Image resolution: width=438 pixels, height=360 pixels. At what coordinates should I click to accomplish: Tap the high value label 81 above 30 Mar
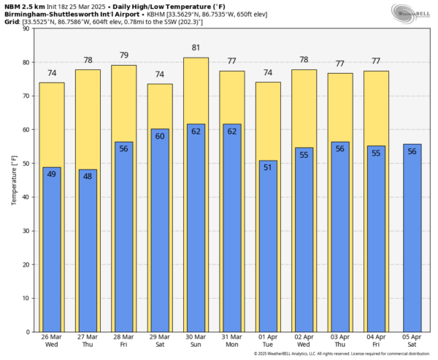click(x=195, y=49)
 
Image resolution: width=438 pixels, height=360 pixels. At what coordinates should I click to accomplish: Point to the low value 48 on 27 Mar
click(x=88, y=176)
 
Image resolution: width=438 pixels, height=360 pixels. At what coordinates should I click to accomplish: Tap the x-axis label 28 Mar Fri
click(x=123, y=342)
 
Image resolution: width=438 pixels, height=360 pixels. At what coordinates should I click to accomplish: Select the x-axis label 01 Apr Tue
click(x=267, y=342)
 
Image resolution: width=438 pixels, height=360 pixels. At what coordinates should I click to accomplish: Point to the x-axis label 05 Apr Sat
click(x=412, y=342)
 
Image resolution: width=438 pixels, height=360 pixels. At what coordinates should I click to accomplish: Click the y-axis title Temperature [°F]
click(x=13, y=180)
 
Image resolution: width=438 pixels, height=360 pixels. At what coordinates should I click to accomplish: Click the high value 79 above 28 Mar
click(x=123, y=55)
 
